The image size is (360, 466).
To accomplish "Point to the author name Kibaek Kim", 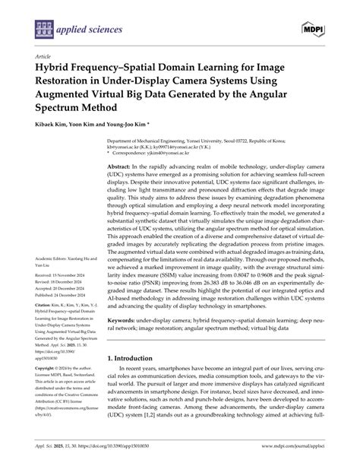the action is [x=54, y=127].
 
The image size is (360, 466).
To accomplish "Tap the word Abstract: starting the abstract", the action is [x=120, y=166].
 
